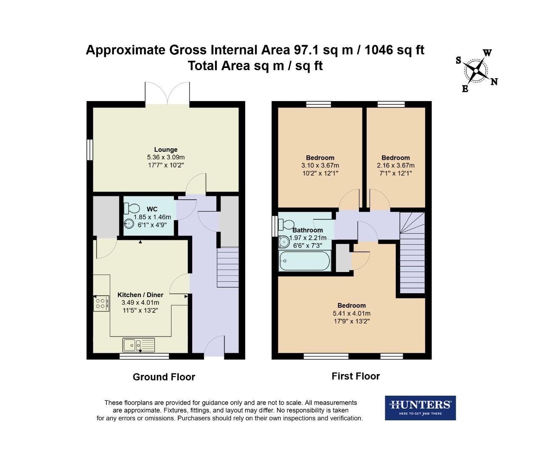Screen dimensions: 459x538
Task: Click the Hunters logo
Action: pyautogui.click(x=420, y=408)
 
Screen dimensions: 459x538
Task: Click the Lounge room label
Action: pyautogui.click(x=165, y=150)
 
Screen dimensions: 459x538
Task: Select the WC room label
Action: pyautogui.click(x=152, y=209)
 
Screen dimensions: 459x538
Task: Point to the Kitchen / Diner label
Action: pyautogui.click(x=140, y=295)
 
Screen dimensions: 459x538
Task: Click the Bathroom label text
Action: pyautogui.click(x=308, y=230)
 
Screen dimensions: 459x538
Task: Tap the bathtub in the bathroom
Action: pyautogui.click(x=305, y=261)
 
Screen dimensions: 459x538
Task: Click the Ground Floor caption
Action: pyautogui.click(x=164, y=377)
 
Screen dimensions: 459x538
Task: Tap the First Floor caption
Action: pyautogui.click(x=356, y=376)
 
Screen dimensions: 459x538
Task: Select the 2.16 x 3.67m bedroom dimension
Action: pyautogui.click(x=395, y=165)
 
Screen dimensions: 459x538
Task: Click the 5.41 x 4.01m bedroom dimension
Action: pyautogui.click(x=351, y=313)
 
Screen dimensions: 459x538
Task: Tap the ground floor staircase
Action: pyautogui.click(x=228, y=267)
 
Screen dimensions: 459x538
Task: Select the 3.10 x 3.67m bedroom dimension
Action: pyautogui.click(x=320, y=165)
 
